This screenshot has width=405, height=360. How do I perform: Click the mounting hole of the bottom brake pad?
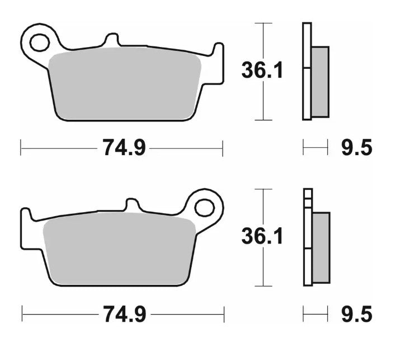coord(204,207)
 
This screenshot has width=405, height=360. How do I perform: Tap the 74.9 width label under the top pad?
coord(124,148)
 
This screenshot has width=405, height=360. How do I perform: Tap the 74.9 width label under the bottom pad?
coord(124,314)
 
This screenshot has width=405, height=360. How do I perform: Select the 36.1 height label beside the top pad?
coord(262,71)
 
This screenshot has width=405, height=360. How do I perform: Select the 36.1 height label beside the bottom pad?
coord(262,236)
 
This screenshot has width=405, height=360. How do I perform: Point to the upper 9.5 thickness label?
coord(356,148)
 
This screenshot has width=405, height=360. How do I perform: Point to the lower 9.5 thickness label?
coord(356,314)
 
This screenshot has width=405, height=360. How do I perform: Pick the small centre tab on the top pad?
coord(112,40)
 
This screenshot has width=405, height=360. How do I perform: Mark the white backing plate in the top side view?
coord(306,71)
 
